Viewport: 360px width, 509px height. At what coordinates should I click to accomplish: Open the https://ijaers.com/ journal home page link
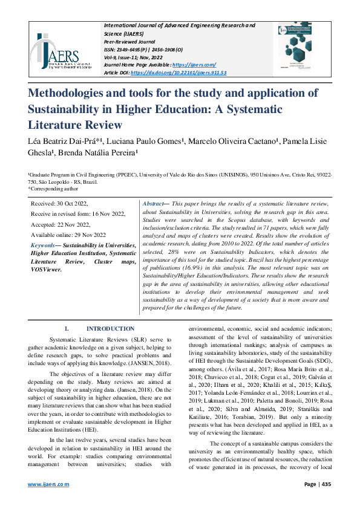point(194,64)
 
